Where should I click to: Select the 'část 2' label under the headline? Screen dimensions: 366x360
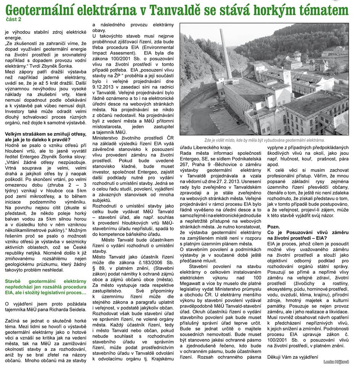[x=13, y=19]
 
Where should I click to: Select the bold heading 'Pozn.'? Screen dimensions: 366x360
[x=274, y=226]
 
